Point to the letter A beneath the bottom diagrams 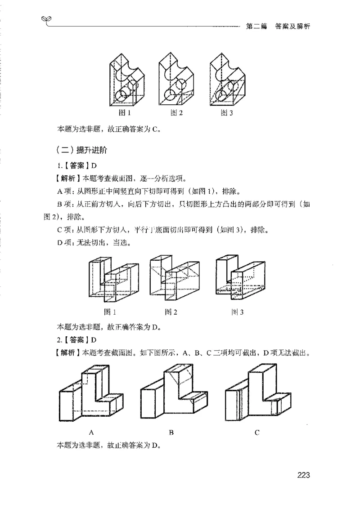[x=91, y=432]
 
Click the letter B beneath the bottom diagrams [x=171, y=432]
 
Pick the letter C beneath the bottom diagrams [x=256, y=432]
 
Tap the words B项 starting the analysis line [x=65, y=204]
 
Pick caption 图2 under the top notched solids [x=176, y=113]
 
